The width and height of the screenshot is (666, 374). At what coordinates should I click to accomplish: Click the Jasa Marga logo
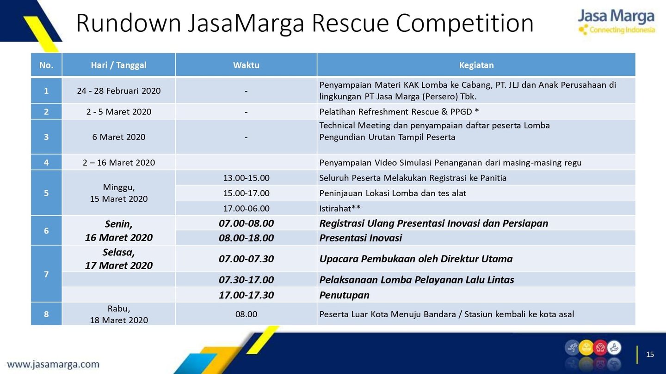click(617, 22)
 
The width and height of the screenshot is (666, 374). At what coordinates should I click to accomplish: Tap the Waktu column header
click(246, 65)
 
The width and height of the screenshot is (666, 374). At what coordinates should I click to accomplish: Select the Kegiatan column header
click(476, 65)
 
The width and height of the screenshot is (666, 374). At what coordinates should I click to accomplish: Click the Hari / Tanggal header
click(118, 65)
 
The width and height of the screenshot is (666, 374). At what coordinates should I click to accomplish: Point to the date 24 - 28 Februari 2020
click(118, 91)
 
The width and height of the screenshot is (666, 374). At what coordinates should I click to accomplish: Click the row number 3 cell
click(46, 137)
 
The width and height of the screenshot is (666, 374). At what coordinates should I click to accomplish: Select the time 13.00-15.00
click(246, 178)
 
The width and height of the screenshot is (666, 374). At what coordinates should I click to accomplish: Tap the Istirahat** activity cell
click(476, 208)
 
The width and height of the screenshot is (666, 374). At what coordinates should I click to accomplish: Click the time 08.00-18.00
click(246, 238)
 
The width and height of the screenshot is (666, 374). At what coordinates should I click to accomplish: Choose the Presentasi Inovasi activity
click(360, 238)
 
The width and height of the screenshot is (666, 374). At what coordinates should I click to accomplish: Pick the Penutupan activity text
click(344, 295)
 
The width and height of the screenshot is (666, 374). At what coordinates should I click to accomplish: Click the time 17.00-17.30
click(246, 295)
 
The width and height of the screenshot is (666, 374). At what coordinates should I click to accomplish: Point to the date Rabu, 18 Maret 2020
click(118, 314)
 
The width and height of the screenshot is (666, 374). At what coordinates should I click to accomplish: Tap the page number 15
click(650, 355)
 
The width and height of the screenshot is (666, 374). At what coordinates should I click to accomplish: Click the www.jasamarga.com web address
click(53, 364)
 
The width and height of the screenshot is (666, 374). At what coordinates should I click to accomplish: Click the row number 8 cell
click(46, 314)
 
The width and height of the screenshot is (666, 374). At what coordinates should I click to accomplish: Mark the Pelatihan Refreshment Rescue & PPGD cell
click(476, 112)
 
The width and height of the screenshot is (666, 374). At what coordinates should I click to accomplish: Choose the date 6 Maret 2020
click(118, 137)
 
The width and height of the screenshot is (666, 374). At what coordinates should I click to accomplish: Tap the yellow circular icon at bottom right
click(586, 348)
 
